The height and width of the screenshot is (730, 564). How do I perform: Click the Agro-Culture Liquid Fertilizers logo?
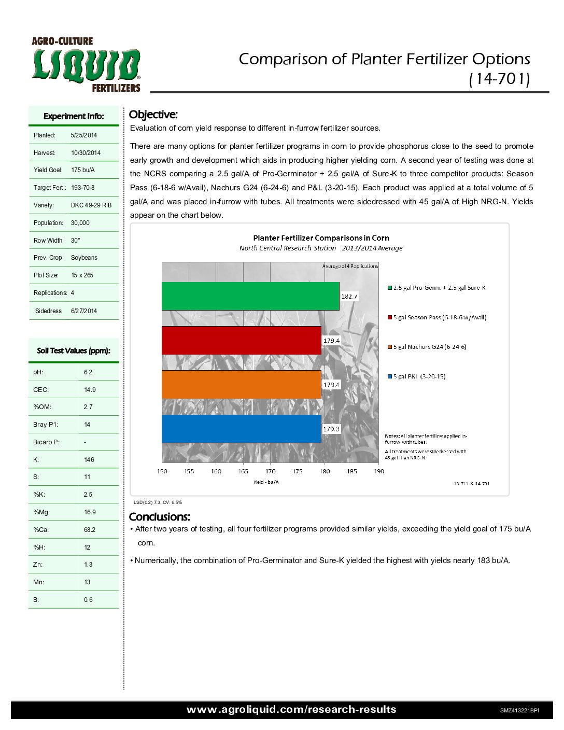86,65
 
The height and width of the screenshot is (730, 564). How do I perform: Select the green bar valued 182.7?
250,296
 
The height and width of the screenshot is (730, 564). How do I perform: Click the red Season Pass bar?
241,340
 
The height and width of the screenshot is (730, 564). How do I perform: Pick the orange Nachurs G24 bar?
241,385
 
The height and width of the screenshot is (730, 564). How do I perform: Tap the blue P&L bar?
241,429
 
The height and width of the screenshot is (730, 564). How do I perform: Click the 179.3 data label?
331,429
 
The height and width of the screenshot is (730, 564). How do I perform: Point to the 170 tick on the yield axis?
271,471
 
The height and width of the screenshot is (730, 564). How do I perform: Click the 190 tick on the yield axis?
379,471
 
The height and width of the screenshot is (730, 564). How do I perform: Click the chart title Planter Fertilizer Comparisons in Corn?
321,238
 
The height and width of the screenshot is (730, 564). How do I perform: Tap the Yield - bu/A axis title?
266,482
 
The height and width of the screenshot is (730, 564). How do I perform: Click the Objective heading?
153,115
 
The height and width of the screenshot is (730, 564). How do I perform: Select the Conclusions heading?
159,517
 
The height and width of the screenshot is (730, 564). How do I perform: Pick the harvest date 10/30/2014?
86,153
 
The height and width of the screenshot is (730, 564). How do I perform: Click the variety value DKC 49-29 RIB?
91,205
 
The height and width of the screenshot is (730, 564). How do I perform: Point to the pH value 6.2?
88,372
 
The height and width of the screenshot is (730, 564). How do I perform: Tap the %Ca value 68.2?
90,530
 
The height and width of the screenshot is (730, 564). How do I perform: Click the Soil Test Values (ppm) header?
74,351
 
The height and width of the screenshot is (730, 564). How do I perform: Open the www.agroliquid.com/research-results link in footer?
291,710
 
